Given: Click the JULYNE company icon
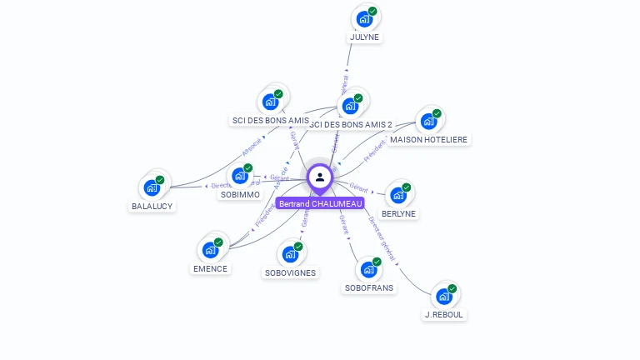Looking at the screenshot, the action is [364, 18].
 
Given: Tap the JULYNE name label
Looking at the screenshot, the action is [364, 37].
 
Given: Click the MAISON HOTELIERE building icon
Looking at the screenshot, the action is [428, 121].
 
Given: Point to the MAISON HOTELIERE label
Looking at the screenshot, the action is [429, 139].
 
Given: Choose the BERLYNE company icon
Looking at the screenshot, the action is [398, 195].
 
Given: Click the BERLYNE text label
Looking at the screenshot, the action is [398, 213].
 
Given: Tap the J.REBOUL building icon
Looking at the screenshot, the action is [444, 296].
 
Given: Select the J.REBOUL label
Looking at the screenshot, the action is [444, 314].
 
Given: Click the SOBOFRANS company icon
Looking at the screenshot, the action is [368, 269].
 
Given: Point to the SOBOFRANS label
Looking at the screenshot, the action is [369, 287].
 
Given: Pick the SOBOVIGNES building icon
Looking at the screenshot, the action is [290, 254].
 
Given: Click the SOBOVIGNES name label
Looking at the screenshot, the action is [291, 272].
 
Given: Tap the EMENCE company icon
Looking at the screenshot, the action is [210, 249].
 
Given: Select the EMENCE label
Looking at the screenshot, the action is [210, 268].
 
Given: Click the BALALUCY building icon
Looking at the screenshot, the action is [152, 187].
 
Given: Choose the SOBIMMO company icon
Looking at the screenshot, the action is [240, 176].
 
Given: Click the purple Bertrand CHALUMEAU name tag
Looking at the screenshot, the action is [321, 203].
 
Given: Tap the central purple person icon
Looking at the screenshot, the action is [320, 177].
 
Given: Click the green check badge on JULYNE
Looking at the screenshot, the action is [372, 12].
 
